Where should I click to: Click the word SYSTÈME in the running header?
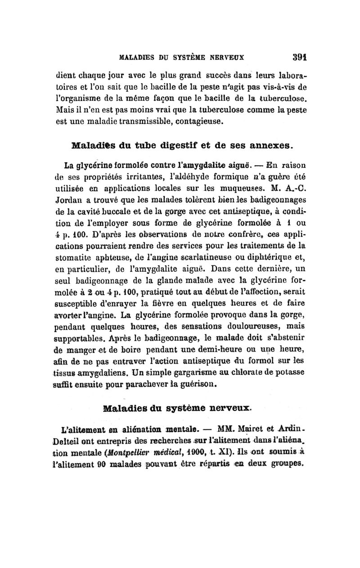pyautogui.click(x=191, y=59)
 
